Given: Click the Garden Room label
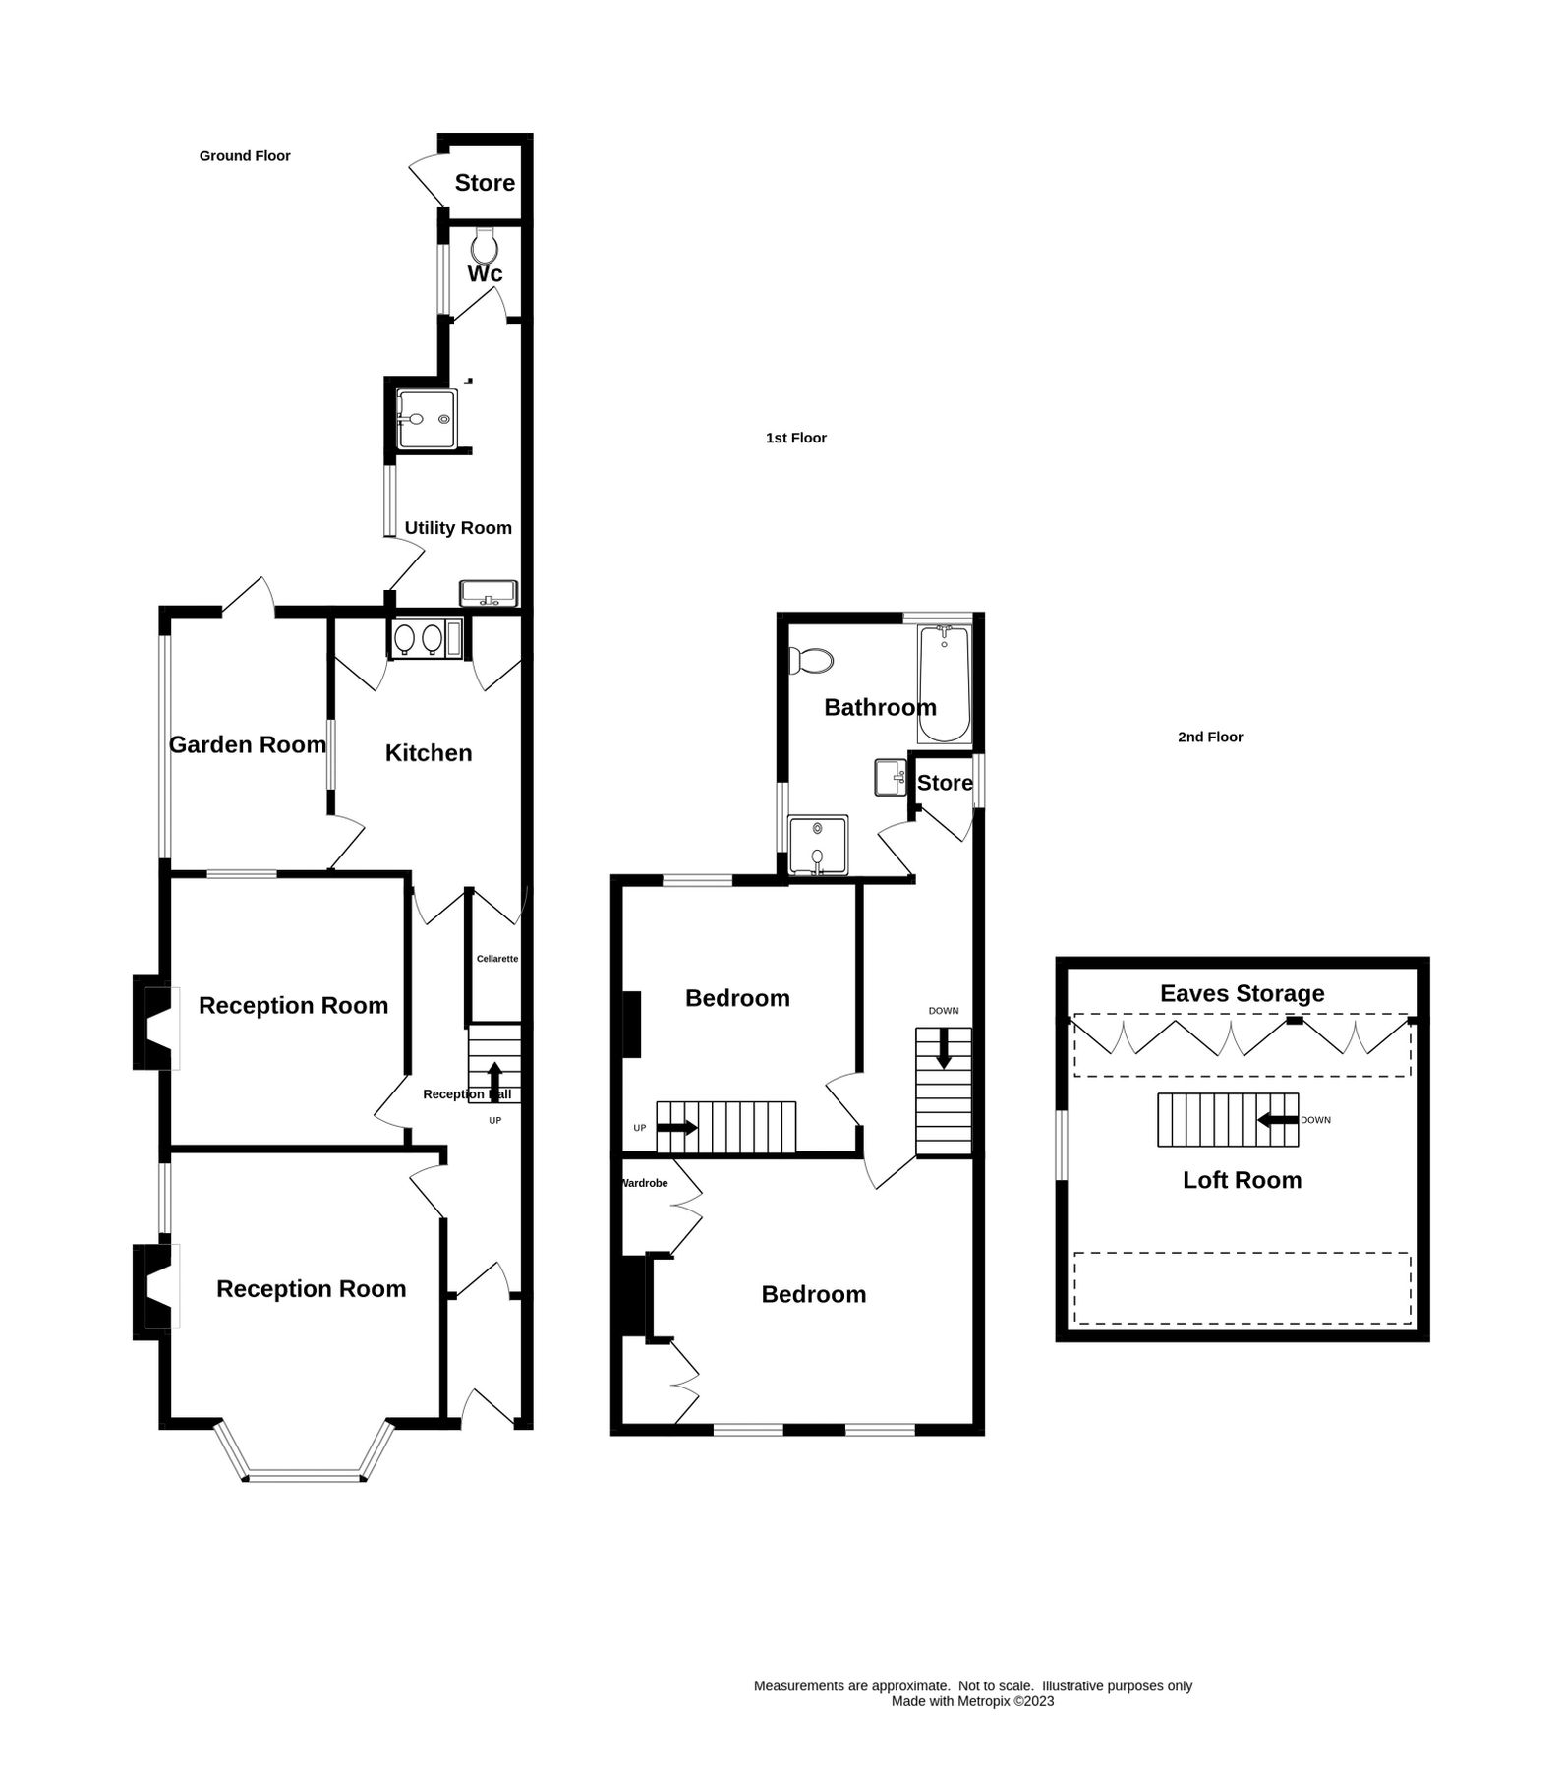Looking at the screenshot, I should point(248,745).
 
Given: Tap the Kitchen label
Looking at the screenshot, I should point(429,753).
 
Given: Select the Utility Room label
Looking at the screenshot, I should point(458,528).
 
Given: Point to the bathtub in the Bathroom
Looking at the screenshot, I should point(944,684).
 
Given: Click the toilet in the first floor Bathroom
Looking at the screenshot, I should point(812,660).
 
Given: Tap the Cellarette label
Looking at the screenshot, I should point(497,959).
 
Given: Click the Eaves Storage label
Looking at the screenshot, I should point(1242,993).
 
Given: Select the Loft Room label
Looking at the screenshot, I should point(1242,1180).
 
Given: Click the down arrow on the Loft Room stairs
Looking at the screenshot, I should point(1277,1119).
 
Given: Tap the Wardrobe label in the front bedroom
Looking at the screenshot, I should point(645,1183).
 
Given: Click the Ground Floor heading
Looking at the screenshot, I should point(245,156).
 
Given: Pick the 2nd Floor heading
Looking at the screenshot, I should point(1210,737).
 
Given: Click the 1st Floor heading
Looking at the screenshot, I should point(795,438).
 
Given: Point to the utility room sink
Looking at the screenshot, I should point(488,594).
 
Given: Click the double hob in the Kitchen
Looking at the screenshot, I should point(418,639).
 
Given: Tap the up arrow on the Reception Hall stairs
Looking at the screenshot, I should point(494,1078).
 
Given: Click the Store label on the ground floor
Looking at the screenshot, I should point(485,183).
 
